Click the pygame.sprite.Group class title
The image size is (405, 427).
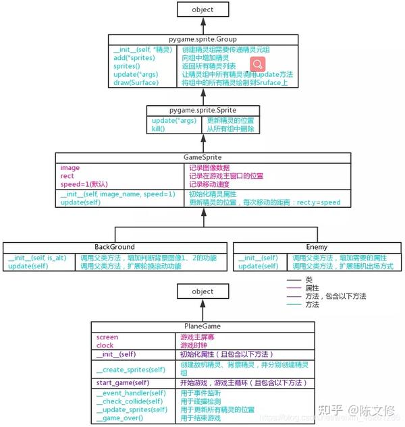click(x=202, y=38)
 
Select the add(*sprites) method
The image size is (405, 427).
click(x=134, y=58)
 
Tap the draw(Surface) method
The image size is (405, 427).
click(x=136, y=82)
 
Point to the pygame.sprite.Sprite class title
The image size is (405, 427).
click(x=202, y=109)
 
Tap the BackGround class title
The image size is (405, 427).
click(x=114, y=247)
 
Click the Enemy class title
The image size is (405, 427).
click(x=316, y=247)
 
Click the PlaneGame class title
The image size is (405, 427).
click(x=202, y=326)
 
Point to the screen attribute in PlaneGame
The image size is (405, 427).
click(x=107, y=336)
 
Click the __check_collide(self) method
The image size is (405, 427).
click(x=130, y=401)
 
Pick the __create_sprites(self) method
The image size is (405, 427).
click(x=130, y=369)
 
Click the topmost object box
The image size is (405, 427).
click(x=202, y=9)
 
